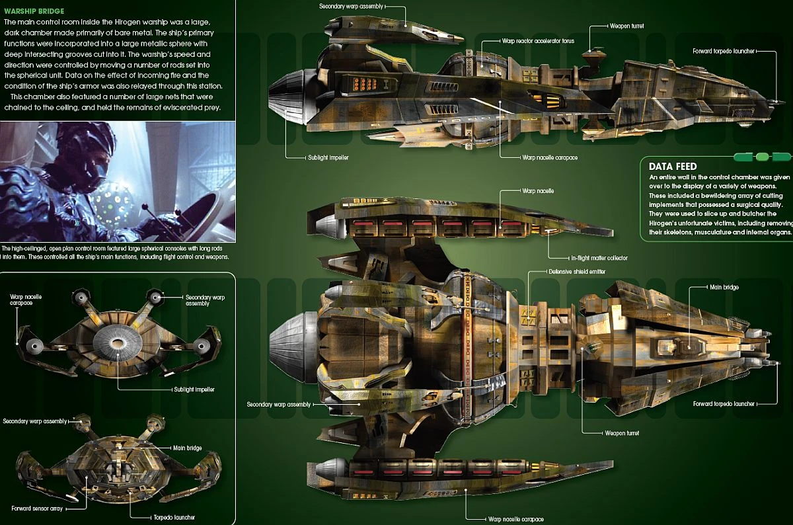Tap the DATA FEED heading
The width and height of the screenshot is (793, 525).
pyautogui.click(x=672, y=167)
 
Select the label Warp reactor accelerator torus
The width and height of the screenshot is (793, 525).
pyautogui.click(x=538, y=41)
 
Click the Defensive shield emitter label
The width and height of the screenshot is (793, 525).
pyautogui.click(x=577, y=272)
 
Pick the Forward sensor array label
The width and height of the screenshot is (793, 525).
pyautogui.click(x=36, y=508)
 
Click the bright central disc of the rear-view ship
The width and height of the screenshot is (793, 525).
pyautogui.click(x=117, y=343)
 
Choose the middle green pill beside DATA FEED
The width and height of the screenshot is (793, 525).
pyautogui.click(x=762, y=157)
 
